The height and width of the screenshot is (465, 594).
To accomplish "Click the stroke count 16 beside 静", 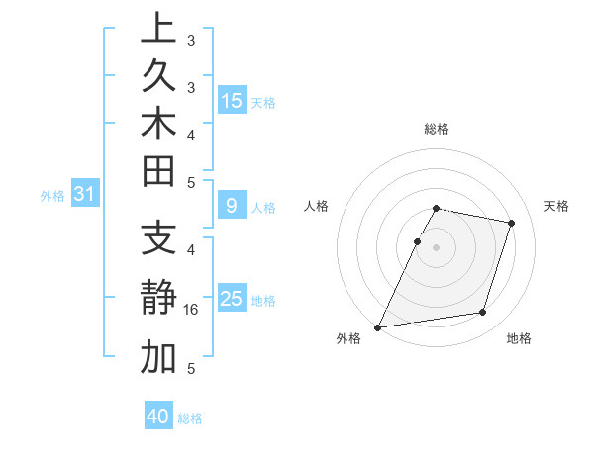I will tap(191, 310).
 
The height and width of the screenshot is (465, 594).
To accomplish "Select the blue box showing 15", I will tap(232, 100).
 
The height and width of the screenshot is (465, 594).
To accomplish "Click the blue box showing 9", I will tap(232, 206).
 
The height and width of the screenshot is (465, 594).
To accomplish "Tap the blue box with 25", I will tap(232, 299).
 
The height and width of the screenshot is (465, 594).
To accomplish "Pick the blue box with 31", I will tap(84, 195).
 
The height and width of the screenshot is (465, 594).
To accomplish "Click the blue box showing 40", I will tap(158, 417).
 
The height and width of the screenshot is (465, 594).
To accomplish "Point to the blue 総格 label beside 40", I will tap(190, 418).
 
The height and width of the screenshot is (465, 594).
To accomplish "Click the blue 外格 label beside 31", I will tap(52, 196).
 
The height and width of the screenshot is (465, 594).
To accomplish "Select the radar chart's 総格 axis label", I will tap(437, 129).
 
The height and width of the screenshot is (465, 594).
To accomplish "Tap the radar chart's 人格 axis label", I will tap(316, 206).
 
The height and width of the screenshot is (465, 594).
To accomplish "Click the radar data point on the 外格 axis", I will tap(378, 327).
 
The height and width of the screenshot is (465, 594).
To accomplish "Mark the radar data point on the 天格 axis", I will tap(511, 223).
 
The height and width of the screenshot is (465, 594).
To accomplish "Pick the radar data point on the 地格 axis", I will tap(483, 313).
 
